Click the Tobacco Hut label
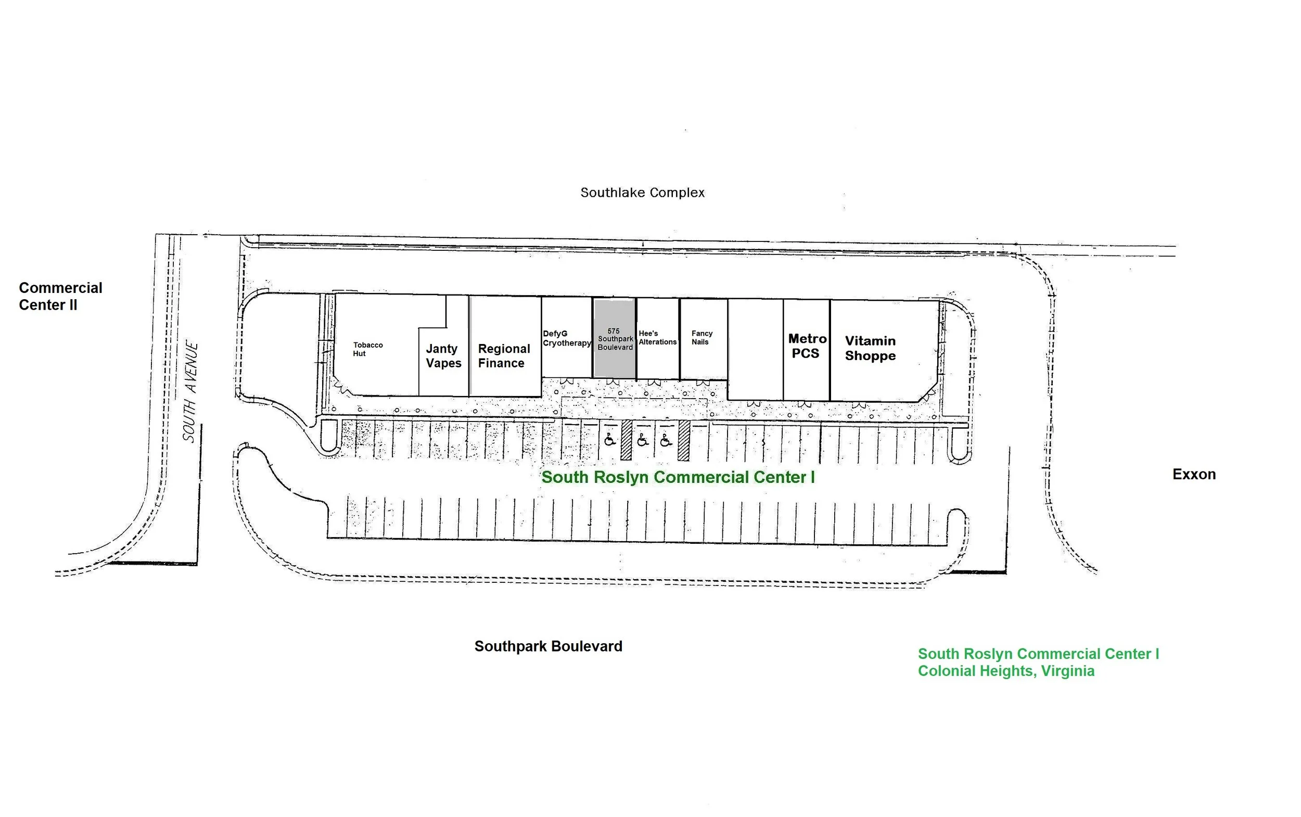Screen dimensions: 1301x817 coord(368,349)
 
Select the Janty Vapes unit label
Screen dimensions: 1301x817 coord(443,356)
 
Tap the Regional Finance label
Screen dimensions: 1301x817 coord(504,356)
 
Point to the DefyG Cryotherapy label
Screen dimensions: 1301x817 coord(567,338)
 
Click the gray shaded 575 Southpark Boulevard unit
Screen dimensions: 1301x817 coord(615,339)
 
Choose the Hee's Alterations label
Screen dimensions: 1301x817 coord(657,338)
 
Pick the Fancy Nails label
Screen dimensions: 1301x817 coord(702,338)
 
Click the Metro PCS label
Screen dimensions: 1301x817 coord(807,346)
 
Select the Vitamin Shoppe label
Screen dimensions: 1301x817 coord(871,349)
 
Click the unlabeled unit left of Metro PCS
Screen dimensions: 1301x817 coord(755,350)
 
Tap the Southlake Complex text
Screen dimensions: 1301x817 coord(642,193)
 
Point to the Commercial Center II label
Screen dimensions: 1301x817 coord(60,296)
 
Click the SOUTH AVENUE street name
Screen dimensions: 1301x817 coord(190,392)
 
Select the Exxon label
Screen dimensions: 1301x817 coord(1194,475)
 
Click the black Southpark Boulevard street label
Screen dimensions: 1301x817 coord(549,646)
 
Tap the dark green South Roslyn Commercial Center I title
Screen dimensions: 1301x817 coord(678,477)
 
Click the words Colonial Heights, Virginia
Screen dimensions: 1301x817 coord(1006,671)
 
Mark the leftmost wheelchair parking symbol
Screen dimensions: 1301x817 coord(610,440)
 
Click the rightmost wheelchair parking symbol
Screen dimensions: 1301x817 coord(666,440)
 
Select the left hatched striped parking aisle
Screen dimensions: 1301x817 coord(626,440)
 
